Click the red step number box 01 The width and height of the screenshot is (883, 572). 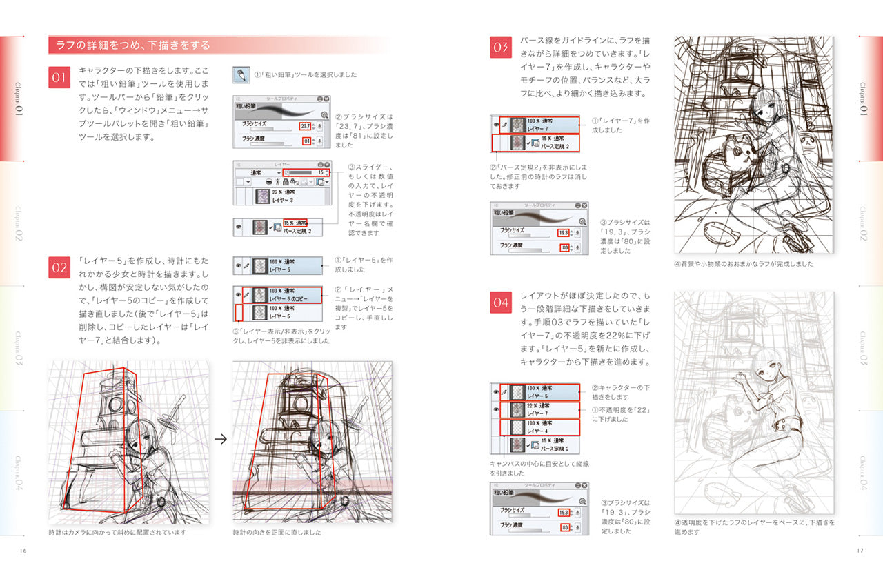pos(59,77)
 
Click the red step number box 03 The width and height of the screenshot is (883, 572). pos(500,48)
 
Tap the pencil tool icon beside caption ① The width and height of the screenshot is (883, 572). pos(240,74)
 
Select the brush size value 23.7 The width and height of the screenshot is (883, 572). pos(304,126)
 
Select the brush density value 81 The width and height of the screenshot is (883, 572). pos(307,141)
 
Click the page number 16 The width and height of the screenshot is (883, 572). pos(23,549)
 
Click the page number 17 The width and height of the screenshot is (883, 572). pos(860,549)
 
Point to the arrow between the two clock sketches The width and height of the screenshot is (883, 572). pos(221,439)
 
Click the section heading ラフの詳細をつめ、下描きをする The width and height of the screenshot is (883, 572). pos(130,45)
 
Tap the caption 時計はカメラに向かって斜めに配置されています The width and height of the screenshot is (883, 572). pos(117,533)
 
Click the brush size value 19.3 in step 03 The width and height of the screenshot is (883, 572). pos(563,233)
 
